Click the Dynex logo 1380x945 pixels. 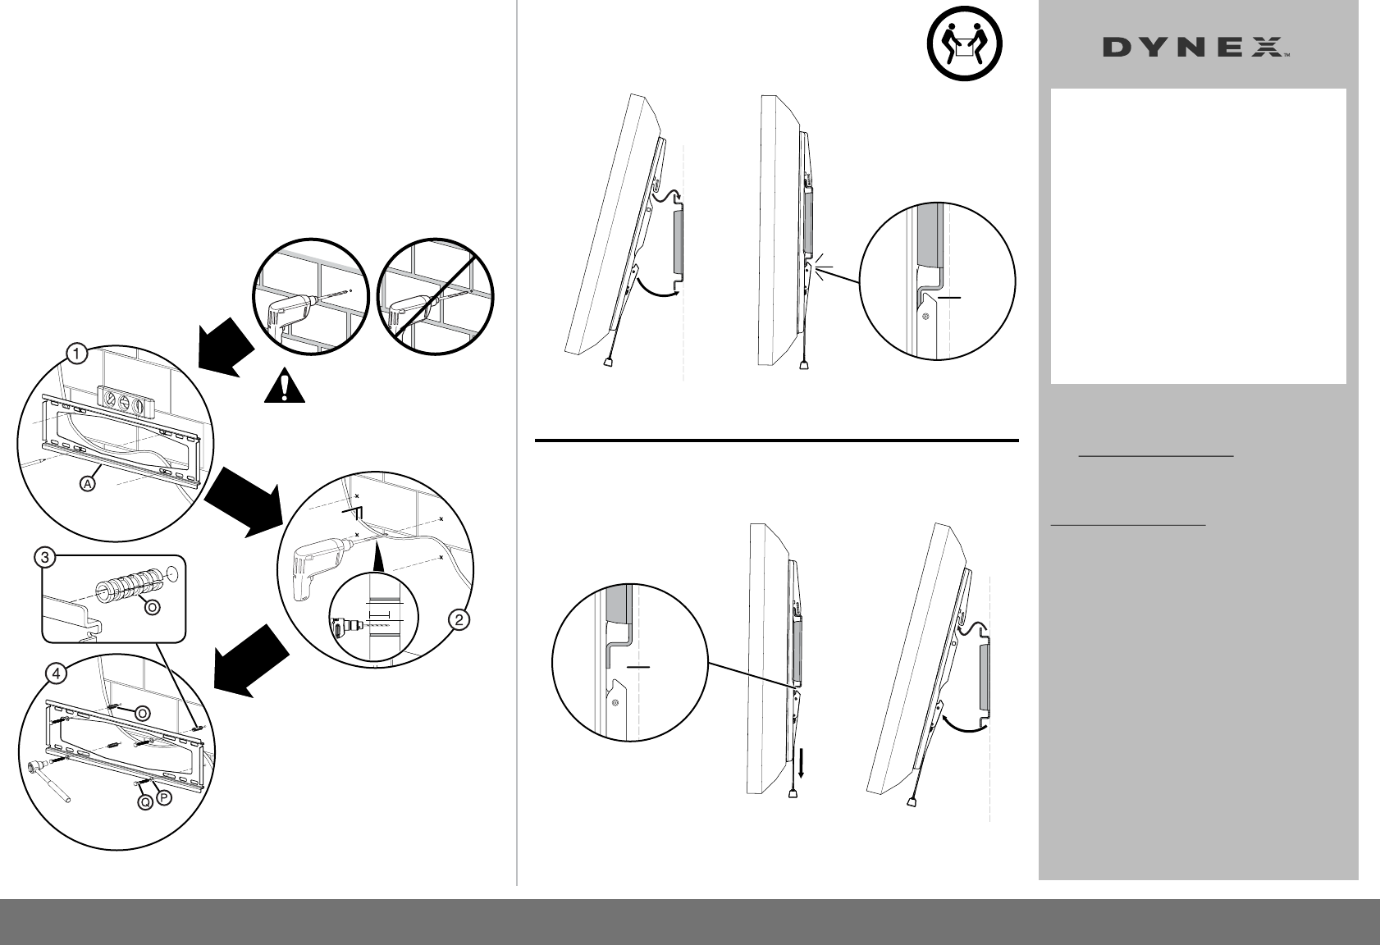[1195, 48]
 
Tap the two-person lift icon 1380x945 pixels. [964, 43]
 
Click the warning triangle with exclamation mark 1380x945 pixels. [284, 386]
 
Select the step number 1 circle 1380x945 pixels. [76, 354]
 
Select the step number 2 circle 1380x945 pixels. [459, 619]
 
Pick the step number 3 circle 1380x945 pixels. [44, 558]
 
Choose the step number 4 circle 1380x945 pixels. [56, 674]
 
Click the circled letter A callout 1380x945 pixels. [88, 484]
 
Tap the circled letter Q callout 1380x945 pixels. [145, 803]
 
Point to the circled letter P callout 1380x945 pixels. [164, 798]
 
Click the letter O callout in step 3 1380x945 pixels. [152, 607]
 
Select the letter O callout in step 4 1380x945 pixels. [142, 714]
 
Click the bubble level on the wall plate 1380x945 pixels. [125, 402]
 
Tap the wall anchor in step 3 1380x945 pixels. [130, 586]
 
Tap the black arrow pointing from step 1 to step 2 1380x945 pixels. [244, 501]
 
